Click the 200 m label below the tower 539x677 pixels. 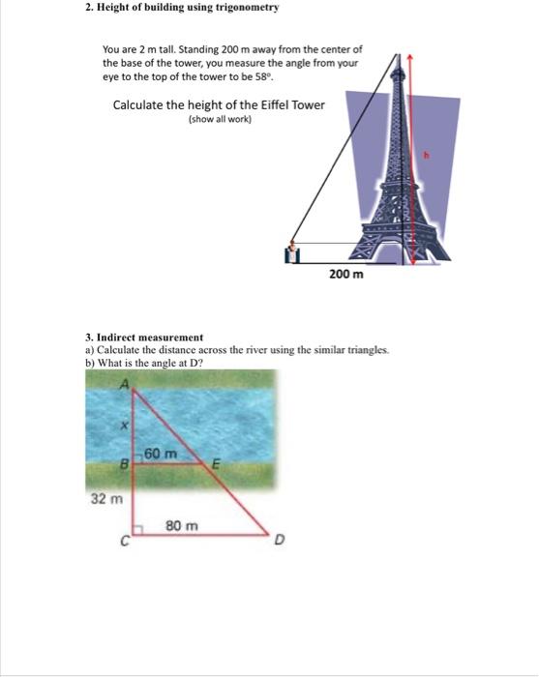[x=345, y=275]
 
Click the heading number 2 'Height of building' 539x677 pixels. [x=89, y=8]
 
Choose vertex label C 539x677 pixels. [x=124, y=543]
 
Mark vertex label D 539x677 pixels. [x=278, y=541]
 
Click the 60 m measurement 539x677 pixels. [x=162, y=454]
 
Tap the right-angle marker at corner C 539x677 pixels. [x=137, y=530]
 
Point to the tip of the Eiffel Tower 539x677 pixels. [x=397, y=55]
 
